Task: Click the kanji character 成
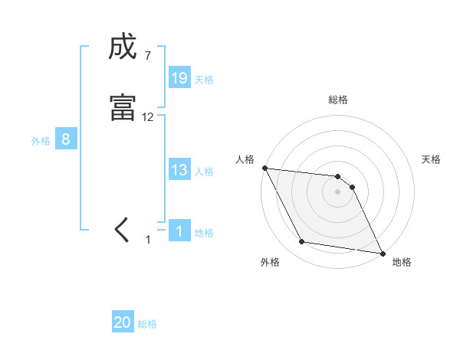[x=123, y=47]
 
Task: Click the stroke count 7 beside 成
[x=147, y=55]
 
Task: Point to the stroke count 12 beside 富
[x=148, y=116]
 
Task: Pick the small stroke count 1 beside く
[x=149, y=240]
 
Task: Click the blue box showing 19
[x=179, y=77]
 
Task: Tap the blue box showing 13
[x=179, y=170]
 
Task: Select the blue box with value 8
[x=66, y=139]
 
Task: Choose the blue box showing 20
[x=123, y=322]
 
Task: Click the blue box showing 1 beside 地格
[x=179, y=231]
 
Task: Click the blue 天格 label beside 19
[x=204, y=79]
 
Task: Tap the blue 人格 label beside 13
[x=204, y=172]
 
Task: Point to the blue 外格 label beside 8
[x=41, y=141]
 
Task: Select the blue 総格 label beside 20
[x=147, y=324]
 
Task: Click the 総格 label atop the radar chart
[x=338, y=100]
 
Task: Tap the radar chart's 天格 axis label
[x=432, y=159]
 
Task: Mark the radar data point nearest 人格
[x=264, y=168]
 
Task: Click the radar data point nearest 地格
[x=382, y=253]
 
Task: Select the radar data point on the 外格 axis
[x=302, y=242]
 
